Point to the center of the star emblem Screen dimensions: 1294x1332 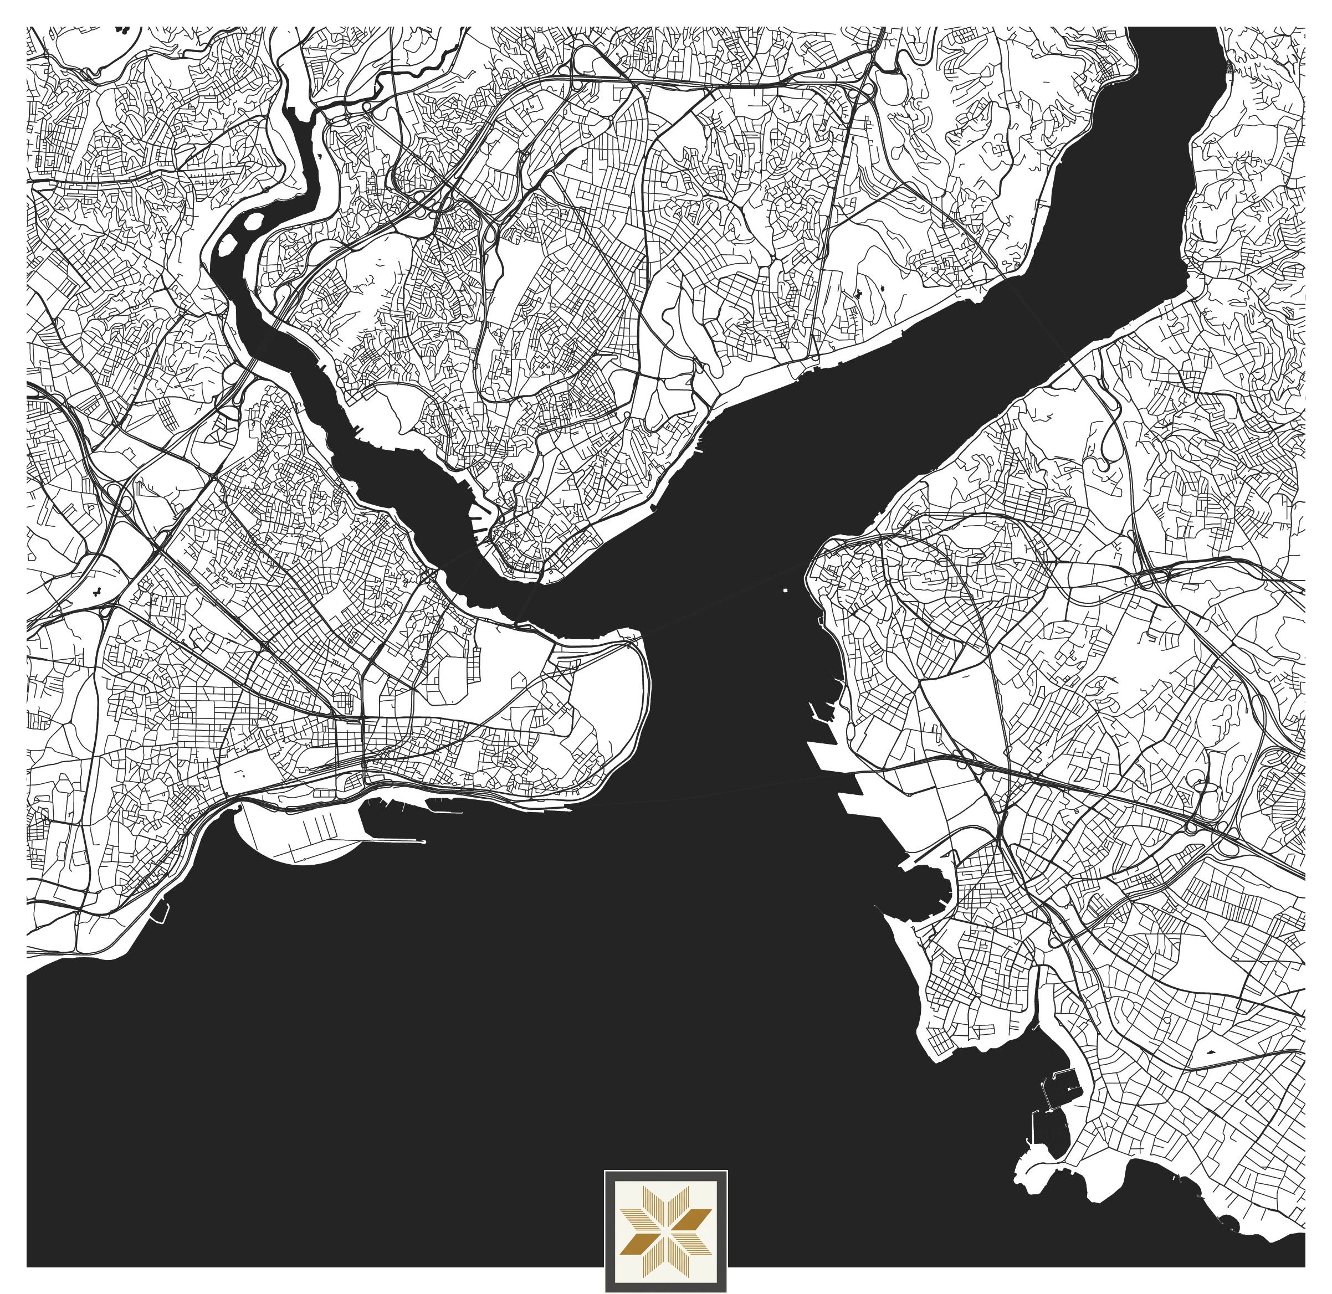[665, 1231]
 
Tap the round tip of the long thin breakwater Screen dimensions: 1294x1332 [424, 842]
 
